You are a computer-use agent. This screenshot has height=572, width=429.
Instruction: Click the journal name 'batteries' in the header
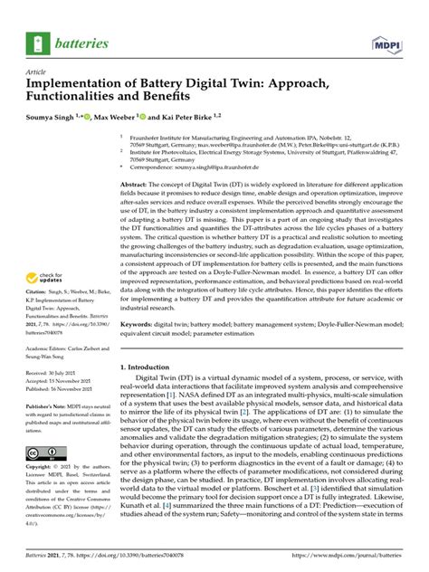[81, 42]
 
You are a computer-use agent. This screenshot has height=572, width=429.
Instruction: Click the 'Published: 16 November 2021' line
[63, 390]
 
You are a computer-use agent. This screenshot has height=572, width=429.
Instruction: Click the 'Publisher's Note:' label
[49, 408]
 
